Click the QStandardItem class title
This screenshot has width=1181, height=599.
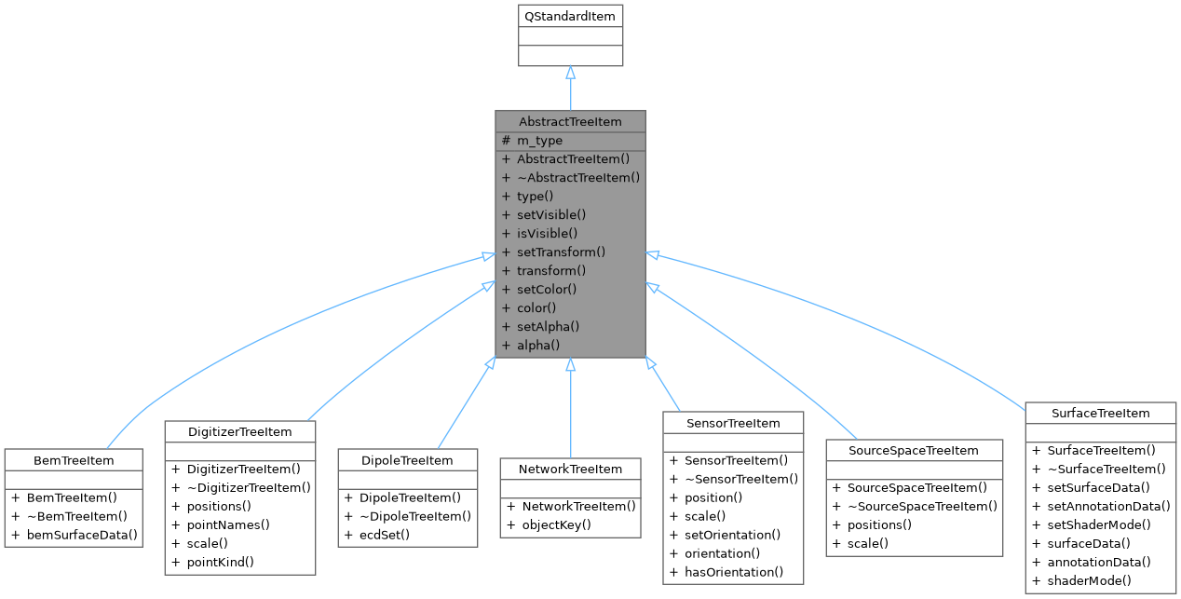(x=570, y=16)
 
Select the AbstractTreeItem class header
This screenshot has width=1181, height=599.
(x=570, y=122)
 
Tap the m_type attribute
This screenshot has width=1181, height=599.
(x=539, y=141)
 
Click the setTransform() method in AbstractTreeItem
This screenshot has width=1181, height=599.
(x=561, y=252)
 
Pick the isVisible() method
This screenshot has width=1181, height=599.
(x=547, y=233)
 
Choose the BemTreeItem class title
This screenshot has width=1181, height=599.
(x=74, y=460)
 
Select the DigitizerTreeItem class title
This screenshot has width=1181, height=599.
(x=240, y=431)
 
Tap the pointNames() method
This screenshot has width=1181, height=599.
(x=228, y=524)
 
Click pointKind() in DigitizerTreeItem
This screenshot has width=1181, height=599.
(x=224, y=562)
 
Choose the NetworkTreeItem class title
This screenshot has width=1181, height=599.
(x=570, y=469)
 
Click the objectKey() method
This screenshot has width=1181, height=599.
(x=557, y=524)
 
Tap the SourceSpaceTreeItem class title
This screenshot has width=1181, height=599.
(x=913, y=450)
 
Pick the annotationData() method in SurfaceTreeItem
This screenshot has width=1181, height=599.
(x=1097, y=562)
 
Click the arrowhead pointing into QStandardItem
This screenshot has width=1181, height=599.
(x=570, y=73)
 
